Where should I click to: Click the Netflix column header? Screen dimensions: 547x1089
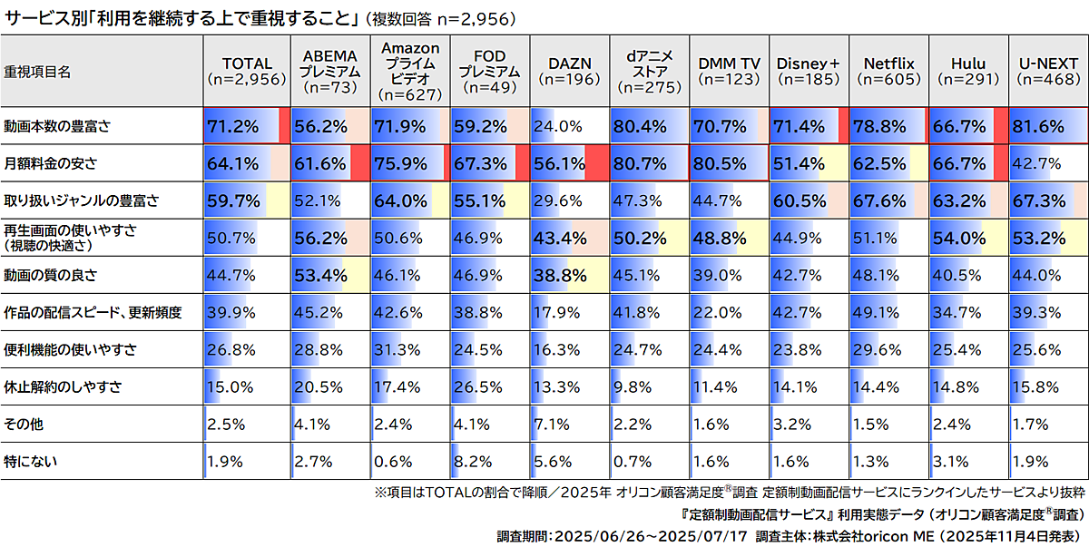888,71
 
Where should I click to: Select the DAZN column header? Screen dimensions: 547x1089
570,71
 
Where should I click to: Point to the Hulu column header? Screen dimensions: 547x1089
968,71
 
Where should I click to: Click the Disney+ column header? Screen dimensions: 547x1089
809,71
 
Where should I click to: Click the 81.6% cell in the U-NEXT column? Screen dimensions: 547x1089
1038,127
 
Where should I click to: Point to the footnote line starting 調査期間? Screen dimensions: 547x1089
790,535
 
